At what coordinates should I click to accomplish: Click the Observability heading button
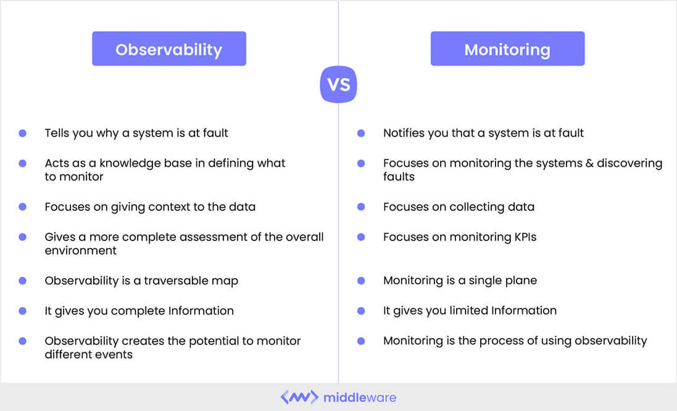click(168, 49)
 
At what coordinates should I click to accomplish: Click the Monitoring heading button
click(507, 49)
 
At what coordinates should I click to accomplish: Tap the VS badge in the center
click(338, 84)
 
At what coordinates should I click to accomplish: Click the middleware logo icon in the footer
click(299, 397)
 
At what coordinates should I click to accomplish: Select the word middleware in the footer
click(360, 397)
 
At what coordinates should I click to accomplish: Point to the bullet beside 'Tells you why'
click(23, 133)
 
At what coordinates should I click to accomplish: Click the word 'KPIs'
click(522, 237)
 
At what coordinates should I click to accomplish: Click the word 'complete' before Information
click(139, 310)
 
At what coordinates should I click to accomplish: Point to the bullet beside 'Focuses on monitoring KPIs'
click(362, 237)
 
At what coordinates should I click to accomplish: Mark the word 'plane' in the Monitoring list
click(520, 281)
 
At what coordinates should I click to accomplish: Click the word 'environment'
click(80, 250)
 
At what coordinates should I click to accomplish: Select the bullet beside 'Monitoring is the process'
click(362, 341)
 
